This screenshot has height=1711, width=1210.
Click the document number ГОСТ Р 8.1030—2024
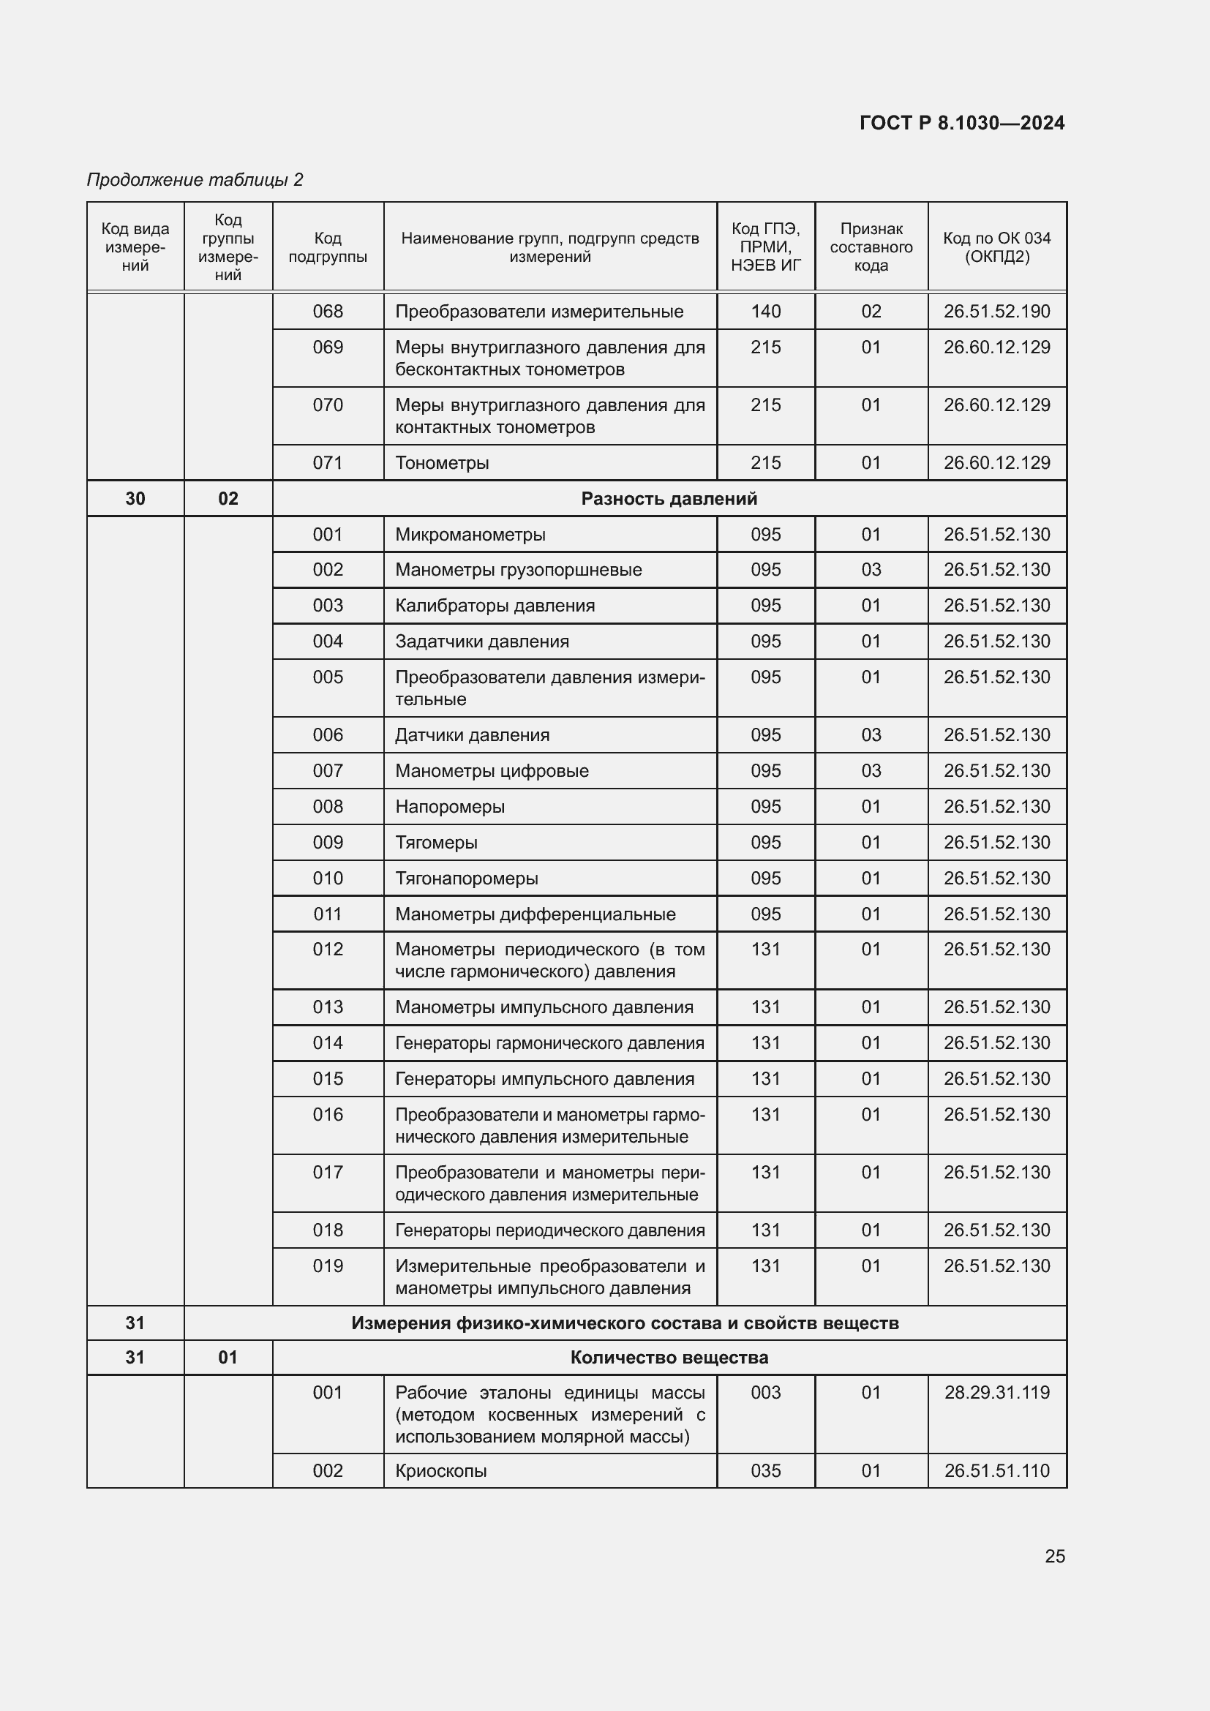click(961, 123)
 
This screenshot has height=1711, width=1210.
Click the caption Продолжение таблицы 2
click(195, 180)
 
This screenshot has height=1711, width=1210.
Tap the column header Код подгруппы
click(328, 247)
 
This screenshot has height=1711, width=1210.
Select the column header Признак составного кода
click(871, 247)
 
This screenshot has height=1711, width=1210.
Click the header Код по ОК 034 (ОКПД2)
click(996, 247)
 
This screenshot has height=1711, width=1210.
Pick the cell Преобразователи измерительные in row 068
click(538, 312)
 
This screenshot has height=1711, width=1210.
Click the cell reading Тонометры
click(442, 463)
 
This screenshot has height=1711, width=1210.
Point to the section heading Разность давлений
click(669, 499)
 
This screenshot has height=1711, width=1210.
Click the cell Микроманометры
click(470, 534)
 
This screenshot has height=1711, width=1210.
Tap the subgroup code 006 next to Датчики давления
click(328, 734)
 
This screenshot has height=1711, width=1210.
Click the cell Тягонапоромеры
click(467, 878)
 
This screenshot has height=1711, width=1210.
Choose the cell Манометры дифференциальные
click(535, 914)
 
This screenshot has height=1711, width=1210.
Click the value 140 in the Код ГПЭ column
click(765, 312)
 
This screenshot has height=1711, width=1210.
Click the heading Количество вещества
click(669, 1357)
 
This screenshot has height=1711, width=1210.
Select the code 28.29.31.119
click(996, 1392)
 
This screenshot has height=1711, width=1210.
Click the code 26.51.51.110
click(996, 1470)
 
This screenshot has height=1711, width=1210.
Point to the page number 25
click(1054, 1556)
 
